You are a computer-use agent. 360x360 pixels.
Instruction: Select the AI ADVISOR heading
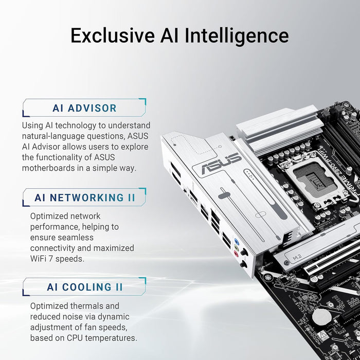click(x=84, y=109)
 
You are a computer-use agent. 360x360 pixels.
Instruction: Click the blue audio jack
click(x=236, y=241)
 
